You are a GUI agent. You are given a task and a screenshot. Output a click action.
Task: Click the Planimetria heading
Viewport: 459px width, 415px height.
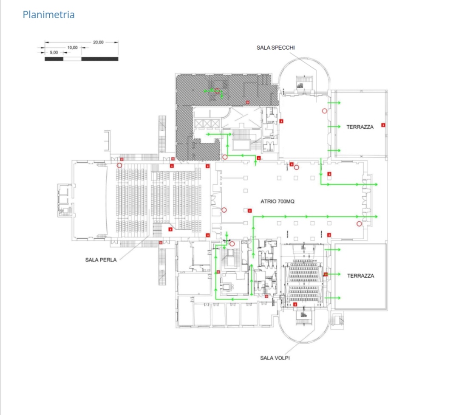pyautogui.click(x=48, y=15)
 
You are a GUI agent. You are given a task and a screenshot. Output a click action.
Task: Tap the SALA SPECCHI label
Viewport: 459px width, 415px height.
pyautogui.click(x=275, y=48)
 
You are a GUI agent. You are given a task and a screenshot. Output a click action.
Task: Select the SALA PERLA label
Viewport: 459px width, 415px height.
pyautogui.click(x=101, y=260)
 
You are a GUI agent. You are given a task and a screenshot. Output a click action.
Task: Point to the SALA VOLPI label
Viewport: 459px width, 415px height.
pyautogui.click(x=275, y=358)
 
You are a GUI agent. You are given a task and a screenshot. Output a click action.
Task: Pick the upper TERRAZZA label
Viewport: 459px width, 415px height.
pyautogui.click(x=360, y=127)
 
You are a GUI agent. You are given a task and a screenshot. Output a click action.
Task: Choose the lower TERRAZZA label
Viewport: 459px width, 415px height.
pyautogui.click(x=360, y=276)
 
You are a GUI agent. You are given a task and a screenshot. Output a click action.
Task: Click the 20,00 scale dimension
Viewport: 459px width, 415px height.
pyautogui.click(x=98, y=42)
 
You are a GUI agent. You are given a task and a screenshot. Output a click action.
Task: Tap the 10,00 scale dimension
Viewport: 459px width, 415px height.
pyautogui.click(x=72, y=47)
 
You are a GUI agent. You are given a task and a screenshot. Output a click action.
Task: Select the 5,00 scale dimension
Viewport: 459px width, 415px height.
pyautogui.click(x=54, y=52)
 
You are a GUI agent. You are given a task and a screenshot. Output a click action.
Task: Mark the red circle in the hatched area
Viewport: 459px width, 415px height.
pyautogui.click(x=218, y=91)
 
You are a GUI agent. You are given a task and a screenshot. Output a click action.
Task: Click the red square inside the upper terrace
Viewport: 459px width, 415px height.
pyautogui.click(x=383, y=125)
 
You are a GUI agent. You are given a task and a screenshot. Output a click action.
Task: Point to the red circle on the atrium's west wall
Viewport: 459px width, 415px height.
pyautogui.click(x=224, y=209)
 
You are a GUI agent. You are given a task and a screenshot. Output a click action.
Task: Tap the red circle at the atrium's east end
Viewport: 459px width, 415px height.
pyautogui.click(x=359, y=223)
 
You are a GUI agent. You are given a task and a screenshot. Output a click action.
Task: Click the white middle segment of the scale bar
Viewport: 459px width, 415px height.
pyautogui.click(x=72, y=59)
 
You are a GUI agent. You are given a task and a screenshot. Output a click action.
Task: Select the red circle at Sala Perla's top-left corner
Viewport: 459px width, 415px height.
pyautogui.click(x=119, y=165)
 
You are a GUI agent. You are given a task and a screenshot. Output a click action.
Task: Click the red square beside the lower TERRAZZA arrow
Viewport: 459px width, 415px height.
pyautogui.click(x=326, y=274)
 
